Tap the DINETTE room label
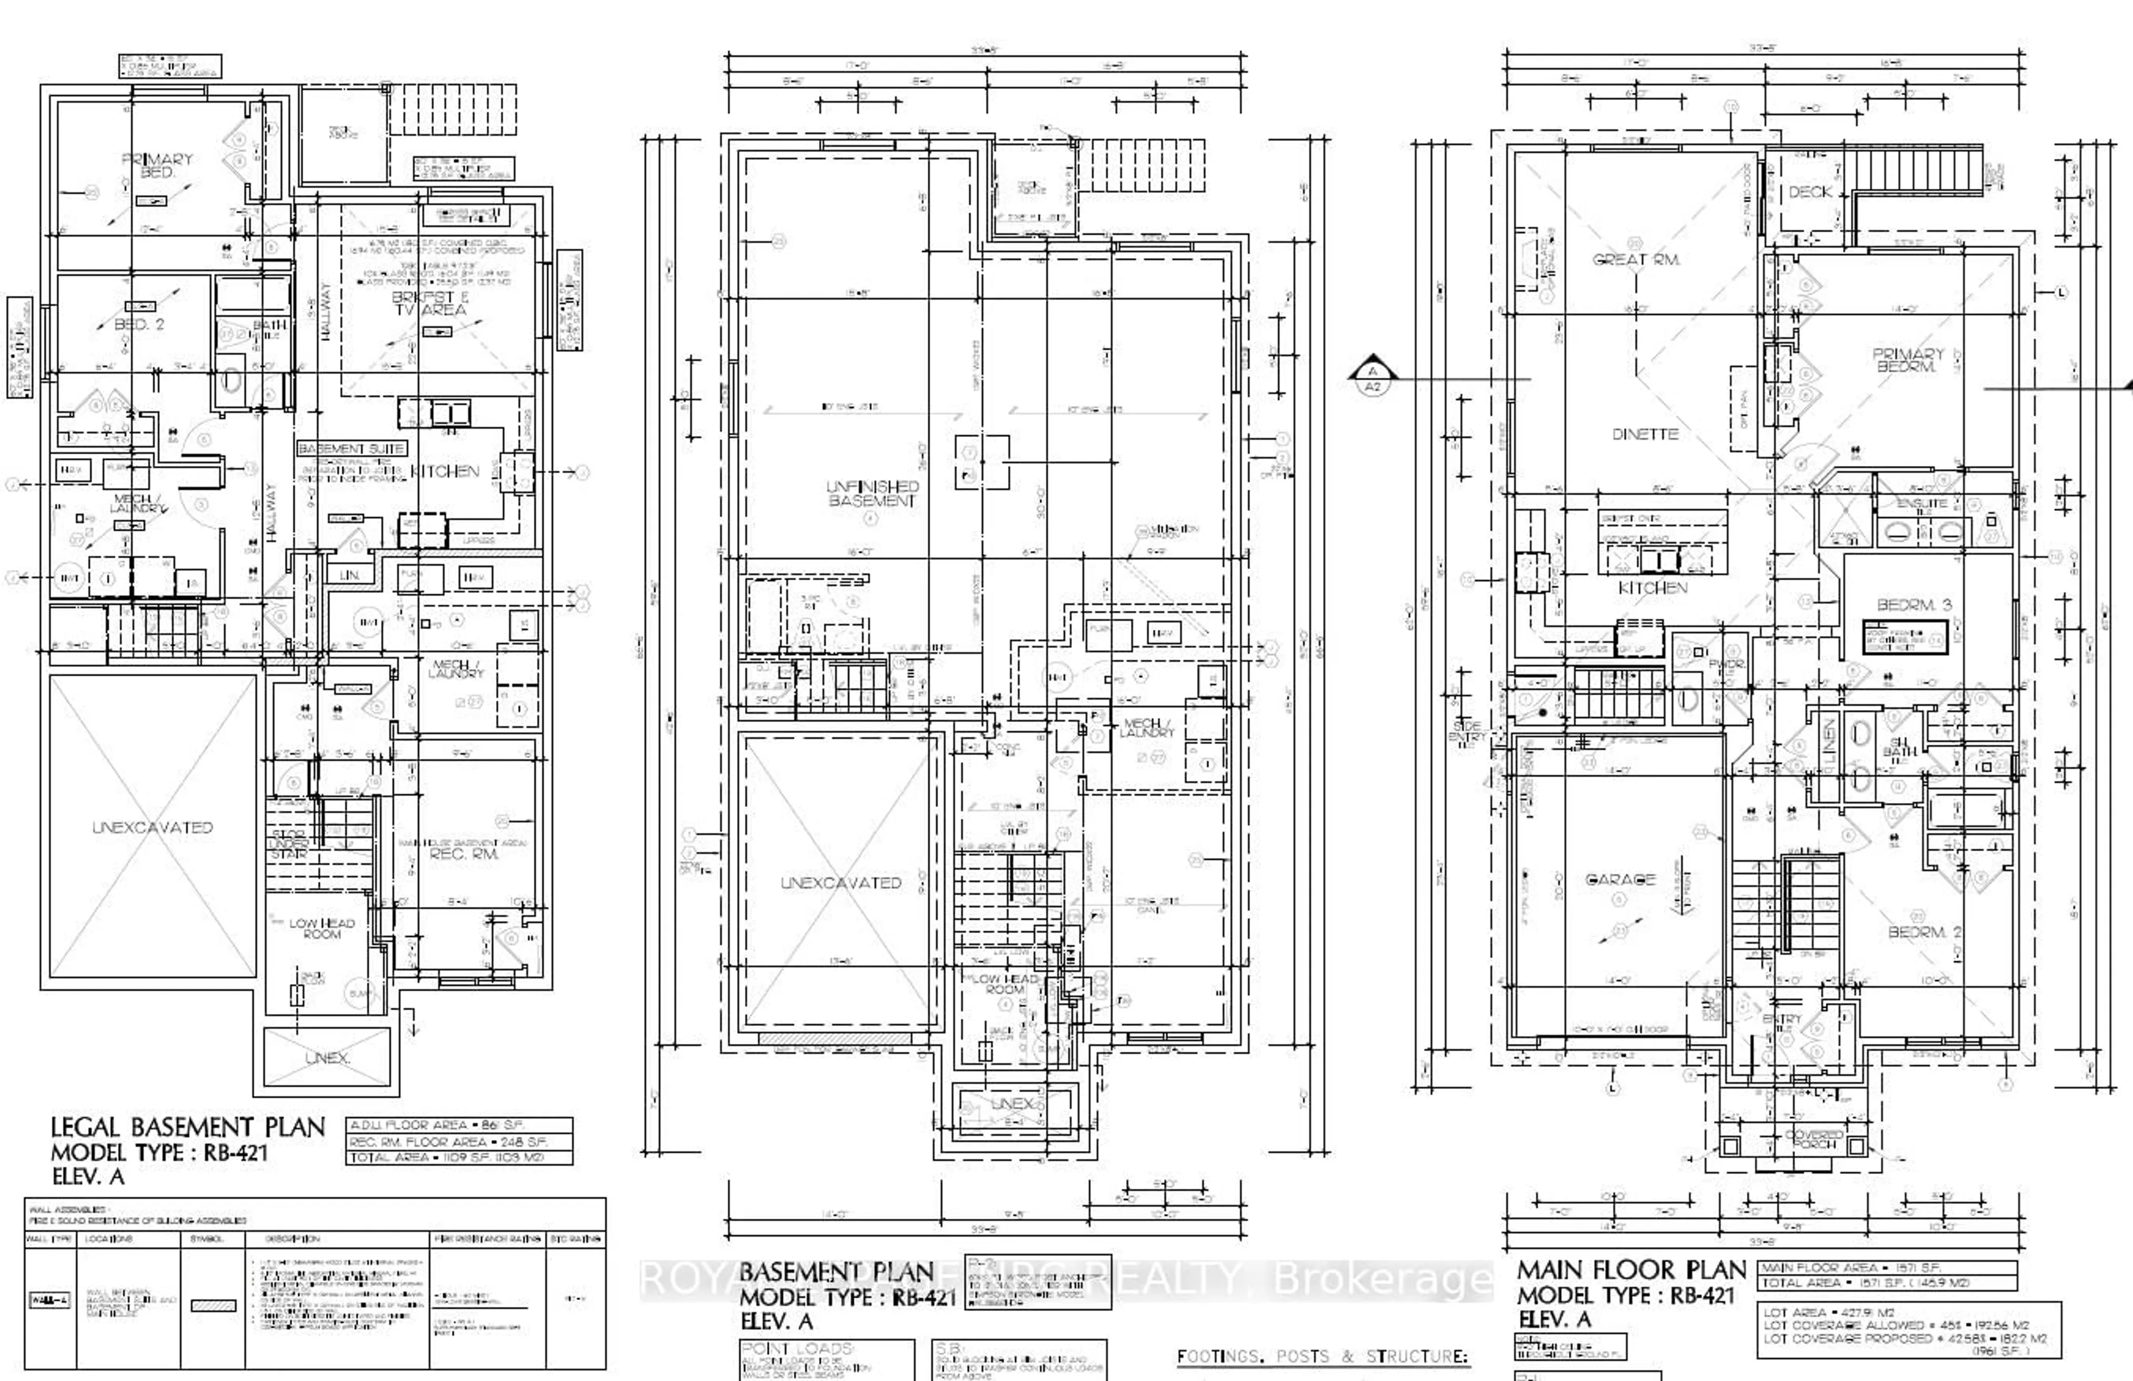point(1645,434)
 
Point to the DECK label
point(1810,192)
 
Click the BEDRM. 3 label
point(1914,605)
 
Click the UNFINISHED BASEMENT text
point(872,493)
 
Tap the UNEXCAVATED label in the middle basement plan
point(840,883)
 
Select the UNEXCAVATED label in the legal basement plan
point(152,827)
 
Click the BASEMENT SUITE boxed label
point(351,448)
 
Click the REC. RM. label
point(463,854)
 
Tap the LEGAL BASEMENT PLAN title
point(187,1127)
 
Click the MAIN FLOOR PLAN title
point(1630,1270)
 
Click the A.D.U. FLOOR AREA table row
point(459,1124)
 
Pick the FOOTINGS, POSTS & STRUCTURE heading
point(1323,1357)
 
